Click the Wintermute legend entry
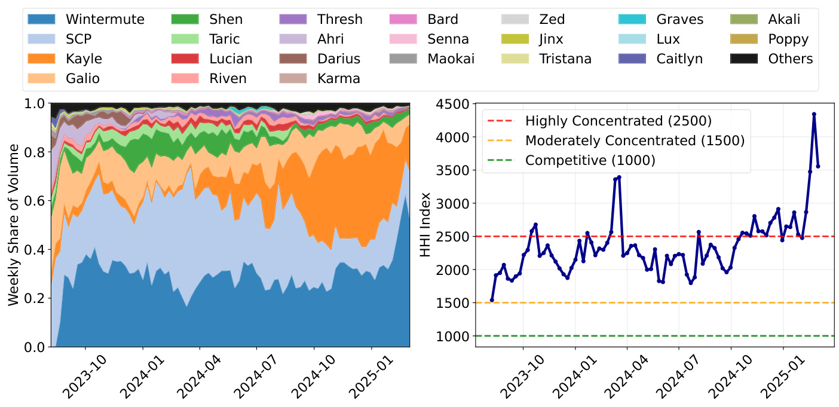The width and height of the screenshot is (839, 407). [x=105, y=19]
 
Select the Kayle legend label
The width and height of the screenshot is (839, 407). [x=84, y=59]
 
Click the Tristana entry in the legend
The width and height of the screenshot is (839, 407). [x=565, y=59]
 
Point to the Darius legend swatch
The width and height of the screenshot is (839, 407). [x=294, y=59]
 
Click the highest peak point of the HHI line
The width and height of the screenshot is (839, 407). [x=814, y=114]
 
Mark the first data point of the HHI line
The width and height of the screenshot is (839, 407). [x=492, y=300]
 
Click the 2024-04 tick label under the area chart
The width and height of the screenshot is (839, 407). [x=195, y=378]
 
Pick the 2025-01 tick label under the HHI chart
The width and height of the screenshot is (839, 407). [x=780, y=378]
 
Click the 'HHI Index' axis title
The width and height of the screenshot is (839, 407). [x=425, y=225]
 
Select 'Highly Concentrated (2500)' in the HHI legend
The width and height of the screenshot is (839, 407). [x=618, y=121]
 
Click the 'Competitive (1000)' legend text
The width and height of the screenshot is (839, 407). [x=590, y=160]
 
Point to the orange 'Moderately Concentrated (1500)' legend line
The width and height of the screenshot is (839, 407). [x=503, y=141]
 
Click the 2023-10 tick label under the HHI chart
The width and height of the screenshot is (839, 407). [x=519, y=378]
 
